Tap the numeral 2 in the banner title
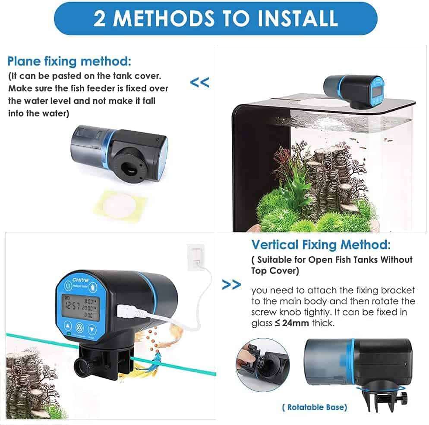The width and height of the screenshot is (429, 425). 100,19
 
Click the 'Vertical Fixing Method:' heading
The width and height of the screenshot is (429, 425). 321,245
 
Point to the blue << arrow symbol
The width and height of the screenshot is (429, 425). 199,82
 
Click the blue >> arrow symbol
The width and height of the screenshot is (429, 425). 231,285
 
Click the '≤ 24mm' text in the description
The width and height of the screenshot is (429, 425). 292,323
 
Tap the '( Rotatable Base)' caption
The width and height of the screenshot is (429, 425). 315,407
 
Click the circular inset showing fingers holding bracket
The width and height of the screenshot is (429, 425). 257,364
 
